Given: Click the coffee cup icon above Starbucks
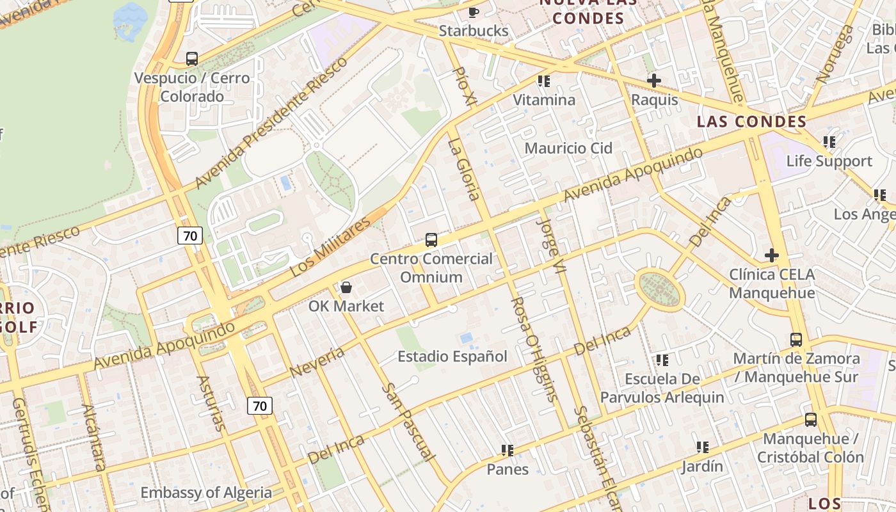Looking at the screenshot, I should pos(473,12).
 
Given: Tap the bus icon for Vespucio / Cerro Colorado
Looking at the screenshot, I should pos(191,59).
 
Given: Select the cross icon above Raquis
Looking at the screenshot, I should pos(653,81).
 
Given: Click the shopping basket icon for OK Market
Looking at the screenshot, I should pos(346,287).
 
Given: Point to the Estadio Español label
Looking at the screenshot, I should pos(452,356).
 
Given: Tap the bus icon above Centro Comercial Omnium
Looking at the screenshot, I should pos(431,240).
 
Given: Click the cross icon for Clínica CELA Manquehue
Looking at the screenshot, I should pos(772,255).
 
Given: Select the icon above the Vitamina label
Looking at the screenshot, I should pos(544,81).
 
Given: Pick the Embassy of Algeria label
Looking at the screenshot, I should pos(206,493).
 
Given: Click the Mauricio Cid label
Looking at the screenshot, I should pos(568,148).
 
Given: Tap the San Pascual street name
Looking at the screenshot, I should pos(408,422).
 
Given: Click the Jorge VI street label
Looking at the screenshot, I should pos(552,246).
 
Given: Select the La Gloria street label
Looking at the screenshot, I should pos(464,170).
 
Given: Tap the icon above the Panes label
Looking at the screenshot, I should pos(508,451).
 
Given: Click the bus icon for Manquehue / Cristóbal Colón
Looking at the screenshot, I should pos(810,420).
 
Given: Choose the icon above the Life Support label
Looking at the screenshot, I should pos(829,142).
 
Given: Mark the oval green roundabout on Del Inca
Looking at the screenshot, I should pos(660,291).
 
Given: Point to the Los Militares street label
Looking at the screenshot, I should pos(330,247).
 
